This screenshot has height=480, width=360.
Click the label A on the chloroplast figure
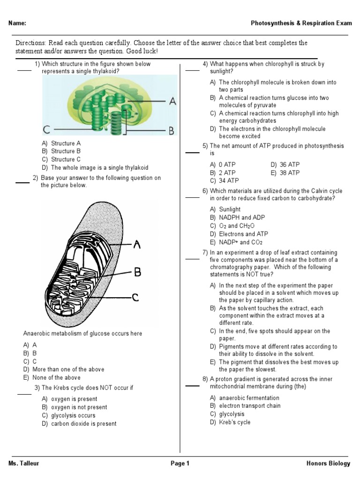[x=172, y=101]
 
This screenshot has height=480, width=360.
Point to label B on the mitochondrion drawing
[x=137, y=271]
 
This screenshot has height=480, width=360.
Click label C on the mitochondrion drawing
[x=135, y=297]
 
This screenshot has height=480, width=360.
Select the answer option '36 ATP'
[x=285, y=165]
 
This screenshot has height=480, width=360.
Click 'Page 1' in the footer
[x=180, y=464]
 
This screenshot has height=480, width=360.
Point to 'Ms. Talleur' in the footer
[x=24, y=464]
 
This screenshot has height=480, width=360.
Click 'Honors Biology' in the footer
[x=328, y=464]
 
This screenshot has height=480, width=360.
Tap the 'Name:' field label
[x=17, y=23]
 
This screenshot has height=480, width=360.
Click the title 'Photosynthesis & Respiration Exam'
[x=300, y=23]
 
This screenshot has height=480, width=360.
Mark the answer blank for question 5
[x=192, y=153]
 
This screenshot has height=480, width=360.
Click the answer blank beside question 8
[x=192, y=386]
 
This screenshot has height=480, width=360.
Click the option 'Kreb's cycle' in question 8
[x=234, y=422]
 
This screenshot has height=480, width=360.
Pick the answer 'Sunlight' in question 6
[x=230, y=210]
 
